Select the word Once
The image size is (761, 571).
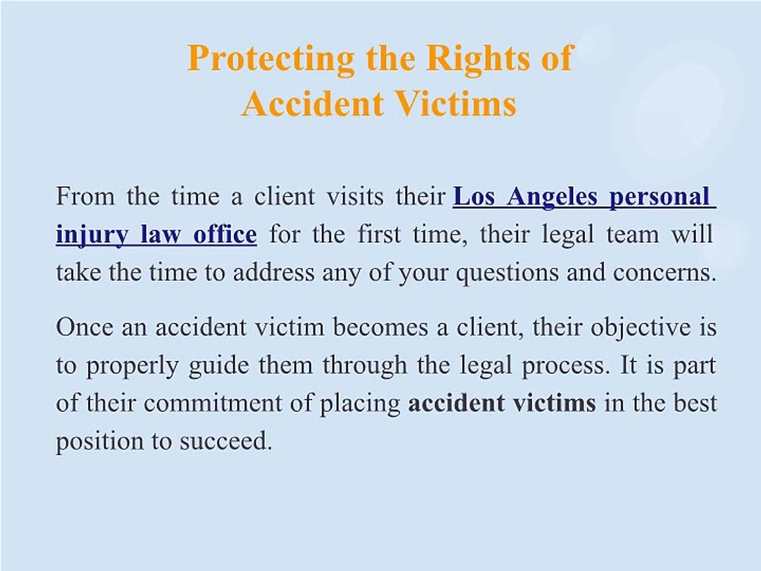point(83,327)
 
